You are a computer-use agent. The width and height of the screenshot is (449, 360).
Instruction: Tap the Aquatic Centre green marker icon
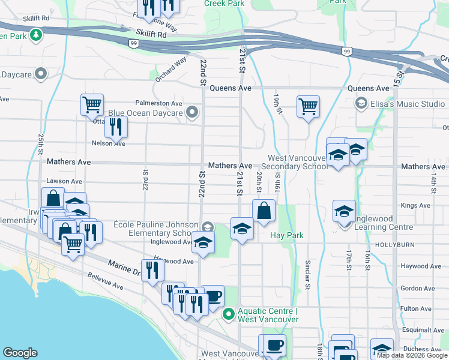coord(228,314)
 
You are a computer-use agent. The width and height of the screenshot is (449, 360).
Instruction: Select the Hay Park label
coord(286,236)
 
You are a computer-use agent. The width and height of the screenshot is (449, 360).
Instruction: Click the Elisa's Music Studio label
coord(408,104)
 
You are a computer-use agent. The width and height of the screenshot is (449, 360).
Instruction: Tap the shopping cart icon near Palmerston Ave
coord(92,105)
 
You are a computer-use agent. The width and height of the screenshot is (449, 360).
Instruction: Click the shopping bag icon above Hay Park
coord(264,211)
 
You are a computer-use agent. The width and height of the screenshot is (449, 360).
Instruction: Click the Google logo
coord(20,353)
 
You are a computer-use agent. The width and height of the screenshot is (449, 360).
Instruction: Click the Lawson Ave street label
coord(65,181)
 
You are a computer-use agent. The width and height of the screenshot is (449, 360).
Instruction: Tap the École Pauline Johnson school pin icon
coord(208,226)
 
